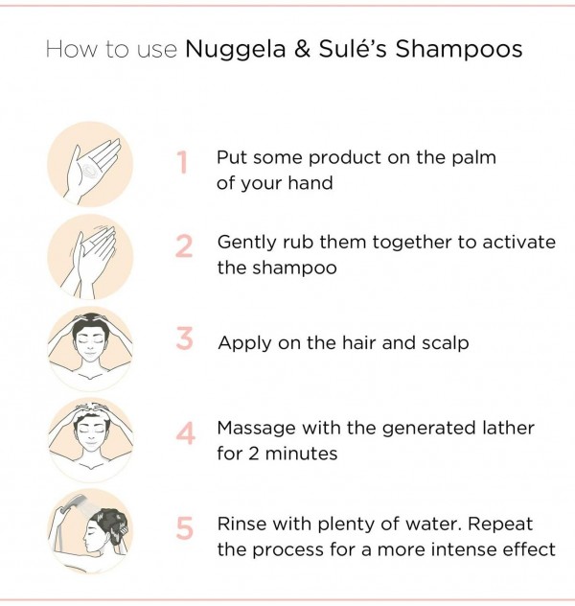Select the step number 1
(183, 163)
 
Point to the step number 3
(184, 339)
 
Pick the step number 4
(185, 433)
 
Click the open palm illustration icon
(91, 164)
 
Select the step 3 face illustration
(91, 347)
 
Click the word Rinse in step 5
(241, 524)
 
